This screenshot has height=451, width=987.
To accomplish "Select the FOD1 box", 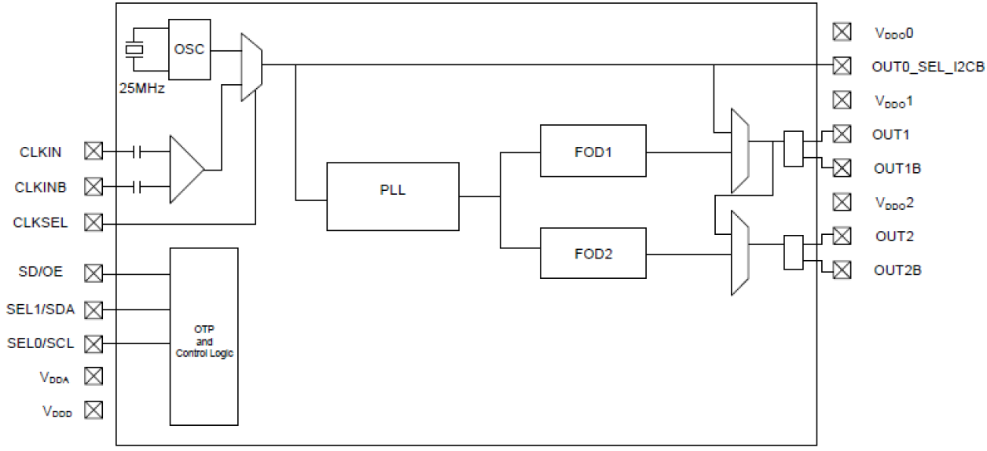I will coord(593,151).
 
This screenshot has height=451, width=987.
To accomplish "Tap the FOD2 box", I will coord(593,253).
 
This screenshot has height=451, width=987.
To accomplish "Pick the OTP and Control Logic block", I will coord(204,337).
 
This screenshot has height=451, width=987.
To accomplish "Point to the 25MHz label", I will coord(141,88).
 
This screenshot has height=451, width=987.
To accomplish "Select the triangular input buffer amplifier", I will coord(186,169).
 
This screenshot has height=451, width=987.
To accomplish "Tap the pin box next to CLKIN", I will coord(94,151).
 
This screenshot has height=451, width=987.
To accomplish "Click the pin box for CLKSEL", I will coord(94,223).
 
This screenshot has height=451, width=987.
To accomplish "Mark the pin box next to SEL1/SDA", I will coord(94,310).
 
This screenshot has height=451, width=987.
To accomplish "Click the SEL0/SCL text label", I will coord(40,343).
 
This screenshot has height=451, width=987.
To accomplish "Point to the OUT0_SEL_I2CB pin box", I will coord(842,66).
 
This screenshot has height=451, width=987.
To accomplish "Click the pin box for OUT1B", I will coord(842,167).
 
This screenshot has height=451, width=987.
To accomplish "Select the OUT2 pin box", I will coord(842,236).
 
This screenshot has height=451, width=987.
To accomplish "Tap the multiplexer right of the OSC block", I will coord(251,67).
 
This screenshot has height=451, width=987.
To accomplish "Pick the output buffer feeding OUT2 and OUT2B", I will coord(794,253).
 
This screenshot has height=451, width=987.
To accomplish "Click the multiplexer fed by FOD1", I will coord(739,150).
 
